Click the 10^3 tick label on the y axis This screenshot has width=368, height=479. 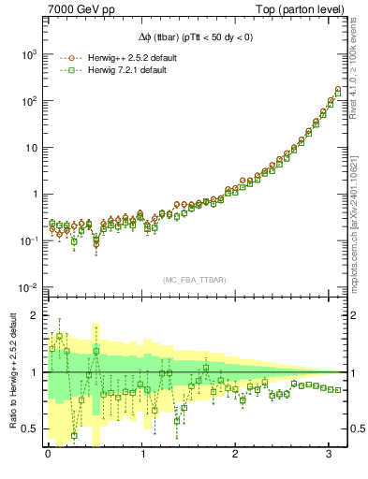point(28,55)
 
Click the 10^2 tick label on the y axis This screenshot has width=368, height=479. point(28,101)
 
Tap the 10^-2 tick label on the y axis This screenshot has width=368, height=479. point(28,287)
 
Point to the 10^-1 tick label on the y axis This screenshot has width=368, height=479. point(28,240)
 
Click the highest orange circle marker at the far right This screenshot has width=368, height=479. point(338,90)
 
